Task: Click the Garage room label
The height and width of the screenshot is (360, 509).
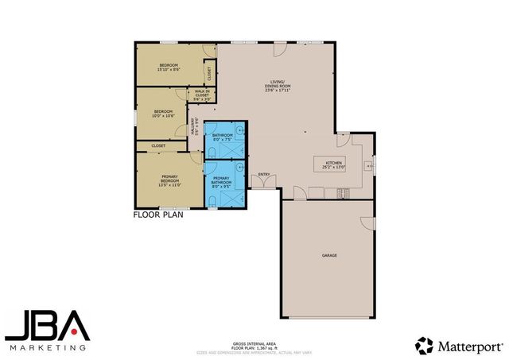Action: coord(329,256)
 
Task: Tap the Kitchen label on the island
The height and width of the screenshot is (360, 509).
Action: coord(333,165)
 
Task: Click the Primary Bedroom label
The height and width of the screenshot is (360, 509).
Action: coord(169,180)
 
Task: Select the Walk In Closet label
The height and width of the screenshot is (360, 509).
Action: coord(202,95)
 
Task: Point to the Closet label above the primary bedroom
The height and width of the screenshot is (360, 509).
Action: coord(158,145)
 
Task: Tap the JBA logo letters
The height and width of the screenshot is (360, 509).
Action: coord(46,326)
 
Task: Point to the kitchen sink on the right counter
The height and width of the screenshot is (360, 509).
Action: coord(368,165)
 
